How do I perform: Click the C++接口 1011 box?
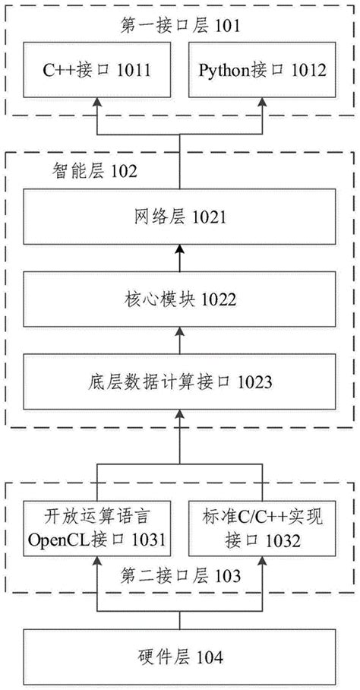coord(96,72)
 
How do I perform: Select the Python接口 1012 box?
coord(263,72)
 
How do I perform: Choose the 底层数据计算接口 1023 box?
coord(179,381)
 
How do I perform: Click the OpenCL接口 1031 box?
coord(96,530)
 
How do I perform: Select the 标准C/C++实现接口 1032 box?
coord(263,530)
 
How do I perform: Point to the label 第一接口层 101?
coord(181,27)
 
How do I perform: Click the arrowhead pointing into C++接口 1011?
coord(96,104)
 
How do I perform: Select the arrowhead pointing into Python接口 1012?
coord(263,104)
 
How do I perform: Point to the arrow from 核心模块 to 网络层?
coord(179,259)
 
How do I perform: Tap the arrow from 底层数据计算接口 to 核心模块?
coord(179,340)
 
